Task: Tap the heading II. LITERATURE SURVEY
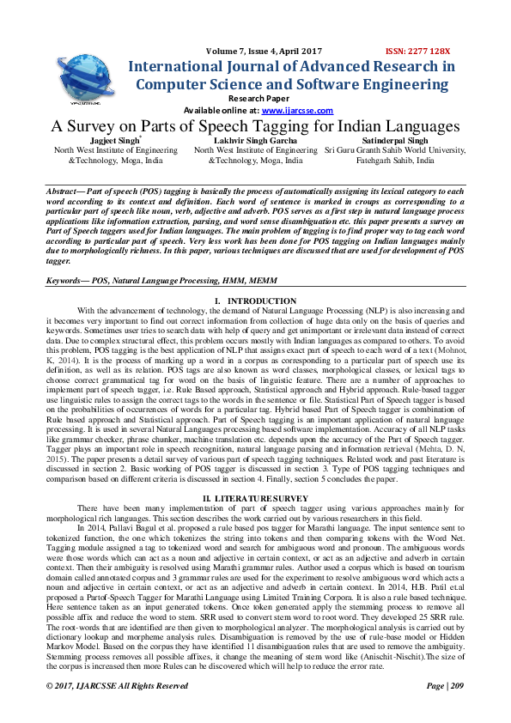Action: (x=255, y=498)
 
